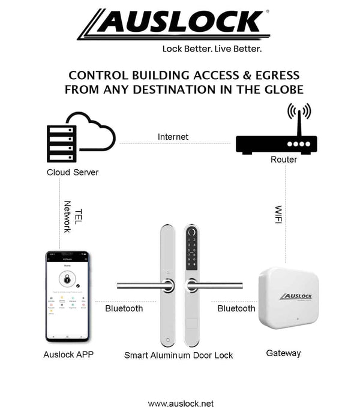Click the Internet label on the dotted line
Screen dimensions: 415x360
click(173, 137)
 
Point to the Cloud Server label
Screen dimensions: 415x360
click(73, 172)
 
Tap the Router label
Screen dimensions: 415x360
click(284, 160)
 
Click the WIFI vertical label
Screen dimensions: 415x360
click(278, 215)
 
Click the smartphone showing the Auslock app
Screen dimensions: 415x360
click(68, 296)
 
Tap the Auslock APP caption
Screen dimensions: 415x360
click(68, 354)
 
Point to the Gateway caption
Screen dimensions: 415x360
click(283, 353)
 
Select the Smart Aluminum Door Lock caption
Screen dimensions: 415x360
click(178, 355)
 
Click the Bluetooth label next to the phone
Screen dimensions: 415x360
click(124, 308)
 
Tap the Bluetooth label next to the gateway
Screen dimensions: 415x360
click(236, 308)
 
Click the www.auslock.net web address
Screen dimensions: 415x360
click(181, 404)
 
